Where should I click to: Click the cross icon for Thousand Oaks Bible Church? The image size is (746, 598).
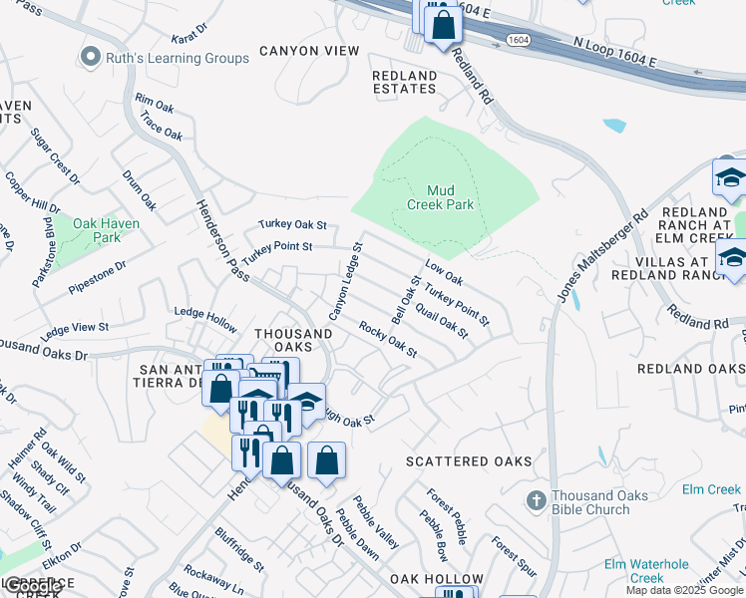pos(536,501)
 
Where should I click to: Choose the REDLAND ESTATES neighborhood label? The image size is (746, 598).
pos(404,82)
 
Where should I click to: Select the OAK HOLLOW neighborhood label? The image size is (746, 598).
pos(436,579)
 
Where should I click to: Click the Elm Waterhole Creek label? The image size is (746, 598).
pos(647,571)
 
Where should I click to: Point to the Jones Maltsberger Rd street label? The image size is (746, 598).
pos(607,258)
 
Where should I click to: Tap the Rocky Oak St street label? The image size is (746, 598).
pos(387,340)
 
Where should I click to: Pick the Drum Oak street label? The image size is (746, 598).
pos(140,188)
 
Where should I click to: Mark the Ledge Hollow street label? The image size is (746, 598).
pos(205,312)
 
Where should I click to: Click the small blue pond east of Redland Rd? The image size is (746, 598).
pos(614,127)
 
